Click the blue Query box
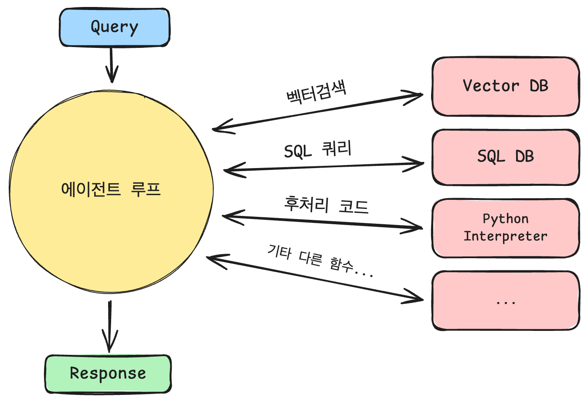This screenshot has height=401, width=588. click(115, 27)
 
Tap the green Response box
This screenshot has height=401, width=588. click(108, 374)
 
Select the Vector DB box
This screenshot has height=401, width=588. click(506, 86)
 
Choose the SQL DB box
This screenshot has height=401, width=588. click(506, 157)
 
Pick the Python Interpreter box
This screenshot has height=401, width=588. click(506, 228)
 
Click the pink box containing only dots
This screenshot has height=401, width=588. click(506, 300)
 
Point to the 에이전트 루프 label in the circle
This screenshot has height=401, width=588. click(111, 189)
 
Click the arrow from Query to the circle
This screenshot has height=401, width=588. click(112, 65)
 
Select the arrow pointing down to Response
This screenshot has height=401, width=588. click(109, 327)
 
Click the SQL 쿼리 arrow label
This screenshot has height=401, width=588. click(318, 149)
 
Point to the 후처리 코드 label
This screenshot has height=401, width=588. click(326, 205)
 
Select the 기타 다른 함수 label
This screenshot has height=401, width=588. click(320, 260)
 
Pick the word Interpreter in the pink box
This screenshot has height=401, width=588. click(506, 236)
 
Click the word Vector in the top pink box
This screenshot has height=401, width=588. click(491, 86)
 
